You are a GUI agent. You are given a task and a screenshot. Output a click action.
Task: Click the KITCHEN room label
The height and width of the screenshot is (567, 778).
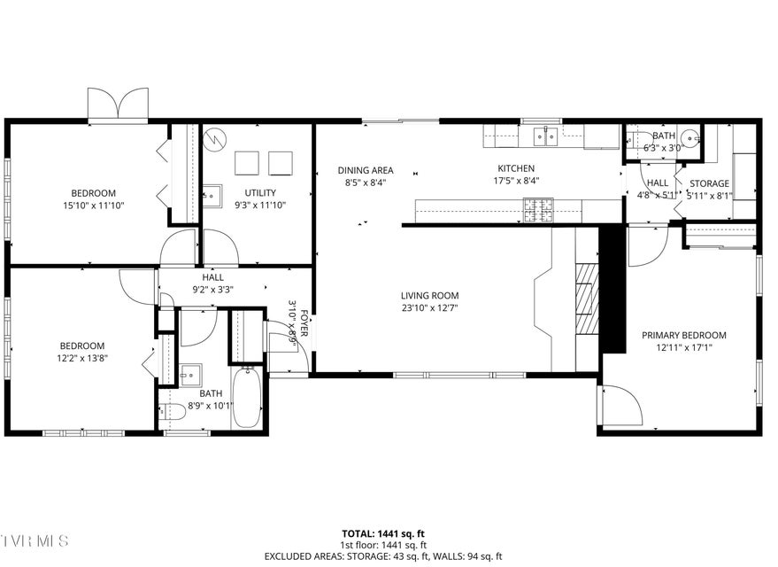pos(516,168)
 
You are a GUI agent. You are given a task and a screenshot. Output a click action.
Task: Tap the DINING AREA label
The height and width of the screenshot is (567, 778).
pos(366,170)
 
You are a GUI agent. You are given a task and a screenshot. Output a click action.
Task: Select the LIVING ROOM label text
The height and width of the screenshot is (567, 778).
pos(429,296)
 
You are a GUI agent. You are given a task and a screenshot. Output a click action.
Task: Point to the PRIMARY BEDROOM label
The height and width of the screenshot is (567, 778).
pos(683,335)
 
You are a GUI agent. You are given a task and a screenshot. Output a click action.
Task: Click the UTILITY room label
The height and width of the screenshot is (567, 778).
pos(260,192)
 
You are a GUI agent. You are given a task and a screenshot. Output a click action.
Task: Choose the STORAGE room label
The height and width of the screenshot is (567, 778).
pos(709,183)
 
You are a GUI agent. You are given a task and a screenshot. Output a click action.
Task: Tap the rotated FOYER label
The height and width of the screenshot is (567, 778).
pos(304,322)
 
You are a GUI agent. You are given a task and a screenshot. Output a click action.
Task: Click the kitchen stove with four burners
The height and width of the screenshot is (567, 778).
pos(535,209)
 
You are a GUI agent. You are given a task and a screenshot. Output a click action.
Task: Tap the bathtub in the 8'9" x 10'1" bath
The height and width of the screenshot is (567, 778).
pos(244,396)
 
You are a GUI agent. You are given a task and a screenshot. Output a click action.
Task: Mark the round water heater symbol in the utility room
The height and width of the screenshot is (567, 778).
pos(215,139)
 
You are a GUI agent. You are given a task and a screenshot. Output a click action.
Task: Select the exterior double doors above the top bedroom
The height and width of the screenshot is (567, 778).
pos(119,104)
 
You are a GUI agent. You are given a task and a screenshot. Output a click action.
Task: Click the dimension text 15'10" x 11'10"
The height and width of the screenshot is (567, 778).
pos(94,206)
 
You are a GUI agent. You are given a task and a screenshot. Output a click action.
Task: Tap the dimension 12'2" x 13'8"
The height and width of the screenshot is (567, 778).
pos(82,358)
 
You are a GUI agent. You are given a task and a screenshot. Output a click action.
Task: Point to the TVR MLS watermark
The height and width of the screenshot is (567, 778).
pos(33,540)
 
